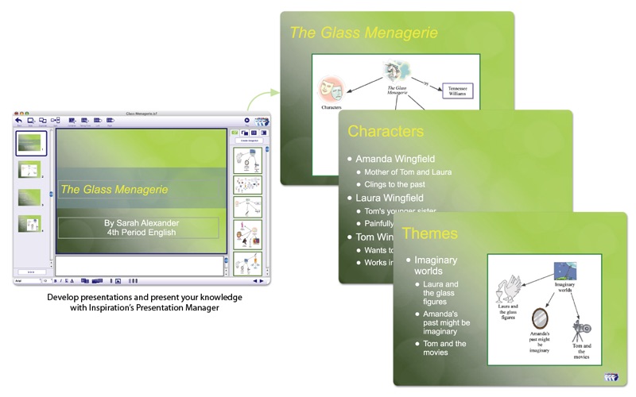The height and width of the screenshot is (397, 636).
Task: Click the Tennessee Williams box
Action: pyautogui.click(x=457, y=90)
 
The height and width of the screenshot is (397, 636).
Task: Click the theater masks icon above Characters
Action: pyautogui.click(x=331, y=87)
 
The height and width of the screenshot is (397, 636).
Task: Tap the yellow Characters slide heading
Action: pyautogui.click(x=386, y=131)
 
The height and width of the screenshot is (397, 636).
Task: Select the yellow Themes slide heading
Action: pyautogui.click(x=429, y=233)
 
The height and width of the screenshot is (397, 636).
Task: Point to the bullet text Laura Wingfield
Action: pyautogui.click(x=390, y=198)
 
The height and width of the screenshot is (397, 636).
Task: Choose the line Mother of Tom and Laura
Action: pyautogui.click(x=410, y=172)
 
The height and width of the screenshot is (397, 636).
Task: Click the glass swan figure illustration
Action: pyautogui.click(x=507, y=286)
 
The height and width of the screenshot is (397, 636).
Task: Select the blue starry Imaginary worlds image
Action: pyautogui.click(x=565, y=270)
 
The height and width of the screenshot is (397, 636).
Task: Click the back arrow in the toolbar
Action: pyautogui.click(x=18, y=121)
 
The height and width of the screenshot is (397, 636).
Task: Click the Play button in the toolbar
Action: pyautogui.click(x=247, y=121)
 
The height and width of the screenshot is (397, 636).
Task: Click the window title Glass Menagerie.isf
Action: pyautogui.click(x=142, y=114)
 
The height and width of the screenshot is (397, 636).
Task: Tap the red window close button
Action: pyautogui.click(x=17, y=114)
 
